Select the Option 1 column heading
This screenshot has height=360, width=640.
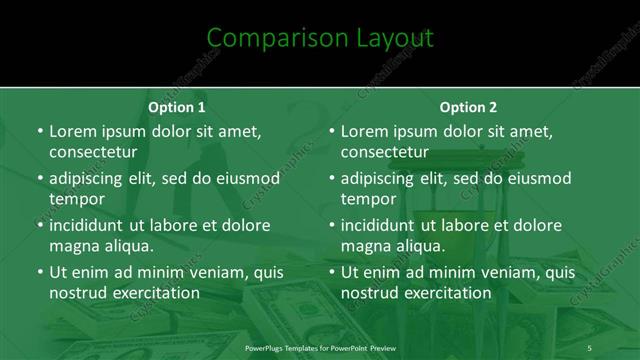177,107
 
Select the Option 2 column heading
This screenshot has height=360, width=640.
468,107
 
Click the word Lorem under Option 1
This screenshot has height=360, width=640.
74,131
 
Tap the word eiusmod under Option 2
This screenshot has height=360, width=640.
536,179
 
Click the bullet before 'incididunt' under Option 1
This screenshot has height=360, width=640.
40,225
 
